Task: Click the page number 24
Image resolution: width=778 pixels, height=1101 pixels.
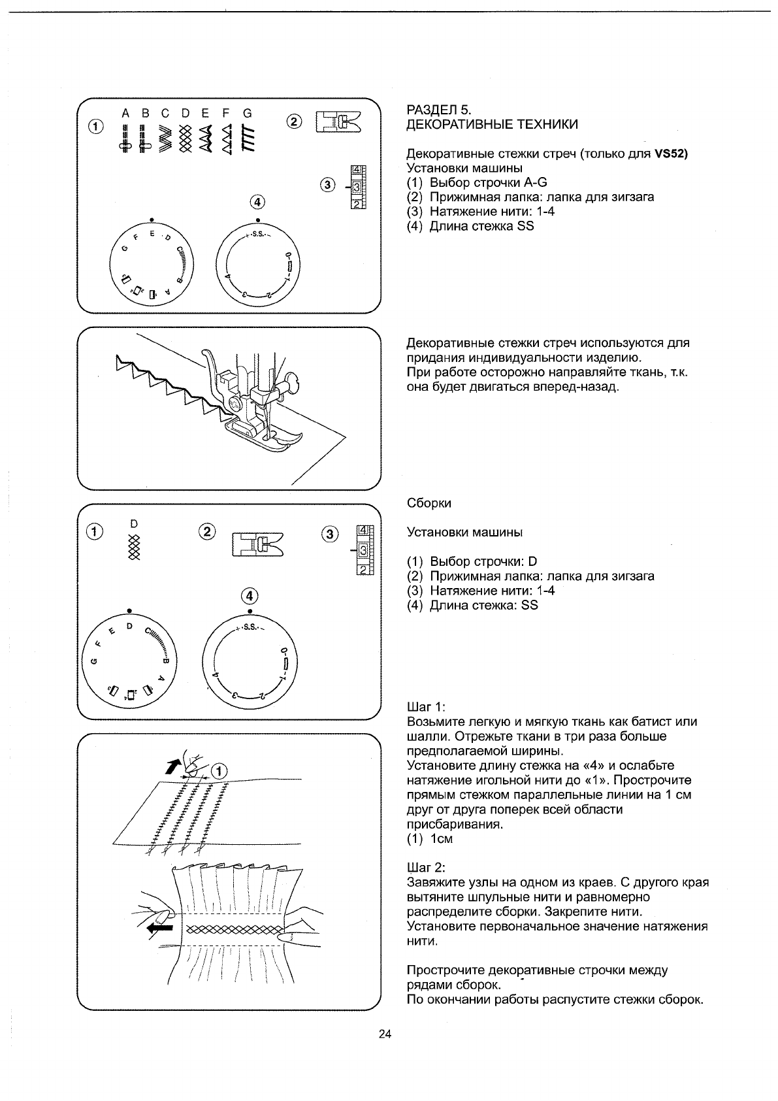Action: click(385, 1034)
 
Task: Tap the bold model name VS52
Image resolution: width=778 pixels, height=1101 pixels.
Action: click(672, 154)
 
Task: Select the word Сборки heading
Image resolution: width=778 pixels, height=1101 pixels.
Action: click(429, 503)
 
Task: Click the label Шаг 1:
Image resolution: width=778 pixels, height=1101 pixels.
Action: click(426, 707)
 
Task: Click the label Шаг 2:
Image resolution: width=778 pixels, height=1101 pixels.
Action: click(426, 868)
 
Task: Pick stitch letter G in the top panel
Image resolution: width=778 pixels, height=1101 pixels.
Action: click(247, 113)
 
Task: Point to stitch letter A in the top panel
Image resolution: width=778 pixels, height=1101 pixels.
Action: click(125, 113)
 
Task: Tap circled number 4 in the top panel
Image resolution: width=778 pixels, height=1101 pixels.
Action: click(257, 201)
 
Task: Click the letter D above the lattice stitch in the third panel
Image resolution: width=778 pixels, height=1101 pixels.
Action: click(134, 523)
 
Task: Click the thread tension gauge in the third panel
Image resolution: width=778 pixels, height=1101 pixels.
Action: click(363, 550)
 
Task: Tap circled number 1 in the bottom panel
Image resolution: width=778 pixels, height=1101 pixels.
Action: click(220, 772)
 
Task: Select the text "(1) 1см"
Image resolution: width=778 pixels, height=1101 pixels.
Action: click(429, 838)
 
